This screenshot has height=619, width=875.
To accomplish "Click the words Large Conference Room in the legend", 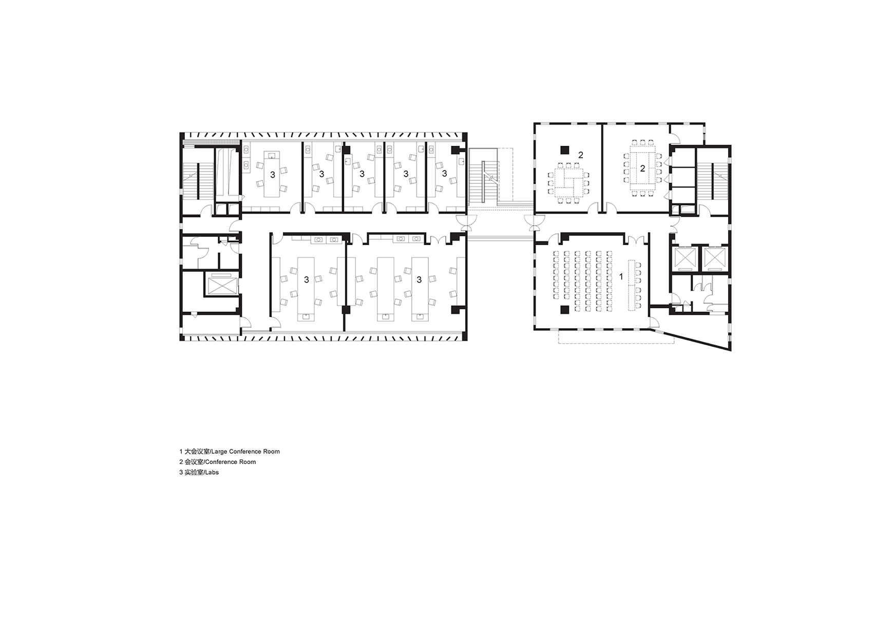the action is [x=254, y=452].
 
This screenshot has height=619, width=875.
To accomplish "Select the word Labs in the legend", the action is [x=212, y=472].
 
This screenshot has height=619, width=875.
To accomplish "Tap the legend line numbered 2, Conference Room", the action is [x=218, y=461].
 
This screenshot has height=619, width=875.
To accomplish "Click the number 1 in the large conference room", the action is [x=621, y=277].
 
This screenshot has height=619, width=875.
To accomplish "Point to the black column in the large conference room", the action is [x=564, y=310].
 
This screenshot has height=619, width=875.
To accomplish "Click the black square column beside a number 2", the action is [x=564, y=149].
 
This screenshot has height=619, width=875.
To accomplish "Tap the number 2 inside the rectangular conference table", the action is [x=642, y=169].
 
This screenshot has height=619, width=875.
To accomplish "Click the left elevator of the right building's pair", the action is [x=683, y=257].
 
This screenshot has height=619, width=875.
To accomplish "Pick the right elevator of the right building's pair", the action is [x=714, y=257].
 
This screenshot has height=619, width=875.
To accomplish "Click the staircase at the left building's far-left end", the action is [x=198, y=181].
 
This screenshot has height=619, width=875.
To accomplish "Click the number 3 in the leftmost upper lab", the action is [x=273, y=175].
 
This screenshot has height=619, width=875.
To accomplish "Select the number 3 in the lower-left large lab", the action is [x=307, y=279].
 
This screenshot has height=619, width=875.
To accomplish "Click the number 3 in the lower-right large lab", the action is [x=419, y=279].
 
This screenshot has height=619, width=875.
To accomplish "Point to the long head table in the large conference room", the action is [x=631, y=285].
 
